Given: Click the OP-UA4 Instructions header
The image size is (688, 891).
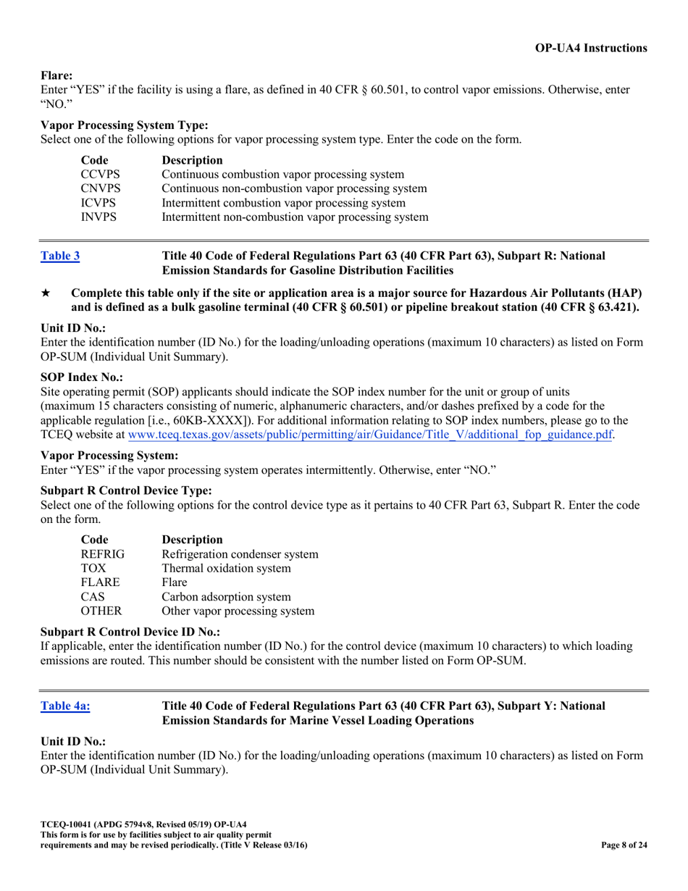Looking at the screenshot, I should click(591, 48).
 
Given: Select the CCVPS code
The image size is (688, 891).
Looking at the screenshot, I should click(100, 175).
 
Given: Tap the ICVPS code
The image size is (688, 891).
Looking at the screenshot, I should click(98, 203).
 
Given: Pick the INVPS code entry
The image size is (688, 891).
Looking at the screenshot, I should click(98, 217).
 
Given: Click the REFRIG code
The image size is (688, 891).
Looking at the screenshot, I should click(102, 554).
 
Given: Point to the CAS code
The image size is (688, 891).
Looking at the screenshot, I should click(92, 597).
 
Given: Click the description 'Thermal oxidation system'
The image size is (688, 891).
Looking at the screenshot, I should click(226, 569).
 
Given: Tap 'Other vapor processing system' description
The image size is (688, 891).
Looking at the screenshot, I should click(238, 611).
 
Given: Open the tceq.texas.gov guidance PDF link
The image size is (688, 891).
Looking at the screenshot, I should click(370, 435).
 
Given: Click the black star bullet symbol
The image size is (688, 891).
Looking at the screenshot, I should click(45, 293).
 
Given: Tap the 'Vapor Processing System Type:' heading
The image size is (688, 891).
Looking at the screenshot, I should click(125, 125).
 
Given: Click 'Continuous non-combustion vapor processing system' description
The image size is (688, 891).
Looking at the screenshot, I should click(294, 188).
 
